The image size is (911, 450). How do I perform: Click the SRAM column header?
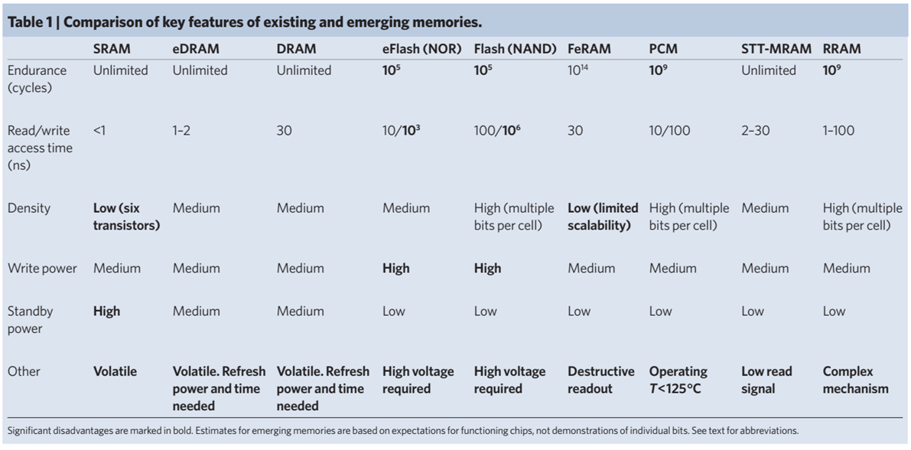tap(112, 49)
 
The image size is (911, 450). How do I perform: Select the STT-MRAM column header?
tap(776, 49)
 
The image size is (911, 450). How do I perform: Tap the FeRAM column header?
tap(589, 49)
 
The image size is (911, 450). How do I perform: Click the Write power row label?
tap(42, 269)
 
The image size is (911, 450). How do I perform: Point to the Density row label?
tap(28, 208)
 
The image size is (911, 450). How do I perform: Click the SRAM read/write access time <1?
tap(100, 131)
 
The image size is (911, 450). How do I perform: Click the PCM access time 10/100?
tap(669, 131)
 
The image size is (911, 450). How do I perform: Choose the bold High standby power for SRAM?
tap(107, 311)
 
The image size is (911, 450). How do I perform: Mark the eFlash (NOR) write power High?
tap(396, 269)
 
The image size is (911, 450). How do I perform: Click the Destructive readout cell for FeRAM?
tap(601, 380)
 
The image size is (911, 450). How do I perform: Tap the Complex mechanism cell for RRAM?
tap(855, 380)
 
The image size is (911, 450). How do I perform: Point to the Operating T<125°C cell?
tap(678, 380)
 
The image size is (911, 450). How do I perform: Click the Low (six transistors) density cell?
tap(126, 217)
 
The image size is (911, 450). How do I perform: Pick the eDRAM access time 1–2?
tap(182, 131)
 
